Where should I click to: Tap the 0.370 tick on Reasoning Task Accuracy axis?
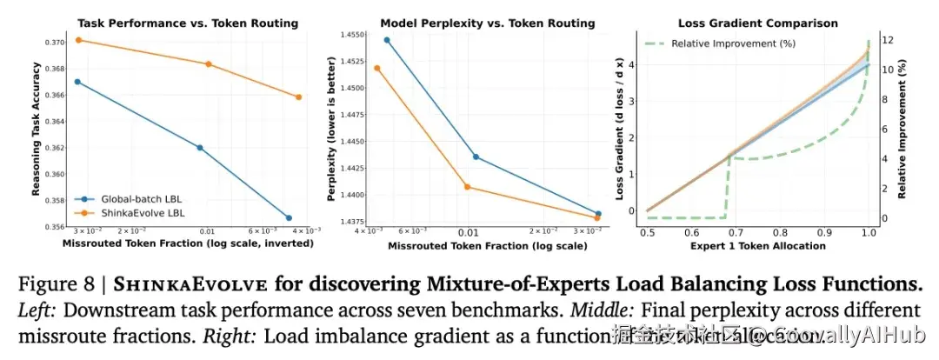point(57,42)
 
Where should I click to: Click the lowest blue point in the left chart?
point(289,218)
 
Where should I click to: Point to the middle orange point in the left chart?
point(209,64)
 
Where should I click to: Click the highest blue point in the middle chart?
point(387,40)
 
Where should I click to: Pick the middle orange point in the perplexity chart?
point(467,187)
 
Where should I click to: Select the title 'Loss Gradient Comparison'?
point(757,23)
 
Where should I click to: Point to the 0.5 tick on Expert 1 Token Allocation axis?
point(647,233)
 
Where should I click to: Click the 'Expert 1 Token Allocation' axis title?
point(757,246)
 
